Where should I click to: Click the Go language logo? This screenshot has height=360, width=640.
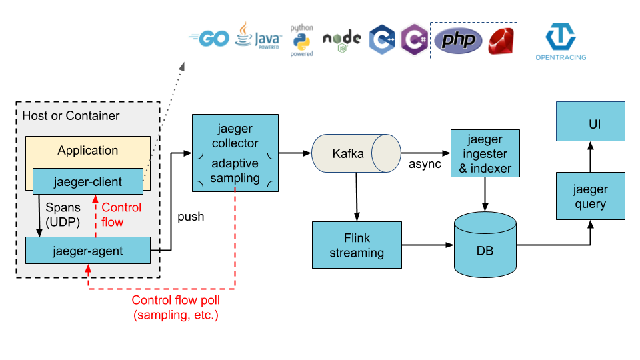coord(209,39)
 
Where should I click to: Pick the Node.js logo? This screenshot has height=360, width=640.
coord(342,40)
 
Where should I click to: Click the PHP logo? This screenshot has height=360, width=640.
coord(458,41)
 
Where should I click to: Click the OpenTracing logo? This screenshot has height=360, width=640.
coord(561,42)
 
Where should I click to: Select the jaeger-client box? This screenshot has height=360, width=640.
coord(87,181)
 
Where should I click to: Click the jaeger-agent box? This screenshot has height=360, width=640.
coord(87,251)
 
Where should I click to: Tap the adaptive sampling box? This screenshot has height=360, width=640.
coord(235,171)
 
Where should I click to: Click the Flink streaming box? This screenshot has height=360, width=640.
coord(357,245)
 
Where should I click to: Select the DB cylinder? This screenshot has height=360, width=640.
coord(485,245)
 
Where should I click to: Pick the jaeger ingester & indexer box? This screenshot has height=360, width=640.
coord(485,154)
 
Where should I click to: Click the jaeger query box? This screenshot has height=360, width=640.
coord(590,196)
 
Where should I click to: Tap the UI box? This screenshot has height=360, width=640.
coord(590,124)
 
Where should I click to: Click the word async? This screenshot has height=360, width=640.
coord(425,164)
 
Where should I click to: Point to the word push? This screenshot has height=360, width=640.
coord(191,217)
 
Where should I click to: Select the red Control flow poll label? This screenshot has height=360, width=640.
coord(175,307)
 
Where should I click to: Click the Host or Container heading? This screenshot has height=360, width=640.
coord(71,116)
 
